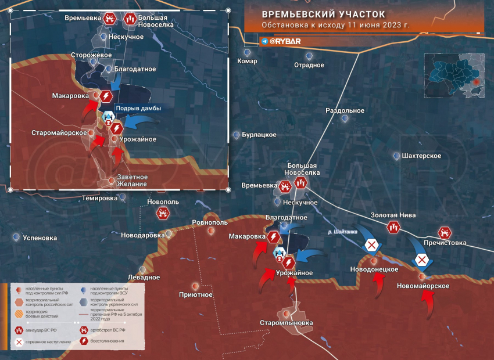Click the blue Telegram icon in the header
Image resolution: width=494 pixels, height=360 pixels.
(265, 41)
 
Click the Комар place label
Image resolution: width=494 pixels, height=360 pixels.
(248, 61)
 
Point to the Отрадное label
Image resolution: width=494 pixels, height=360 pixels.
(309, 65)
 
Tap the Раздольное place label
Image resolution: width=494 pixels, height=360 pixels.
(345, 110)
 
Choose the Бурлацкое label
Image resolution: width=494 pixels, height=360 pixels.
(259, 135)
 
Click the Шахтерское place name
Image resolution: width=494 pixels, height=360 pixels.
(421, 156)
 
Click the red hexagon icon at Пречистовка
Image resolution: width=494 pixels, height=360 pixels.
(445, 233)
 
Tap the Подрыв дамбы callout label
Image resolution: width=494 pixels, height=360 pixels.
(135, 109)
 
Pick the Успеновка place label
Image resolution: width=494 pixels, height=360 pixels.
(40, 237)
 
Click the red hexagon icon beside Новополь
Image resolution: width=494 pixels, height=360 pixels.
(163, 214)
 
